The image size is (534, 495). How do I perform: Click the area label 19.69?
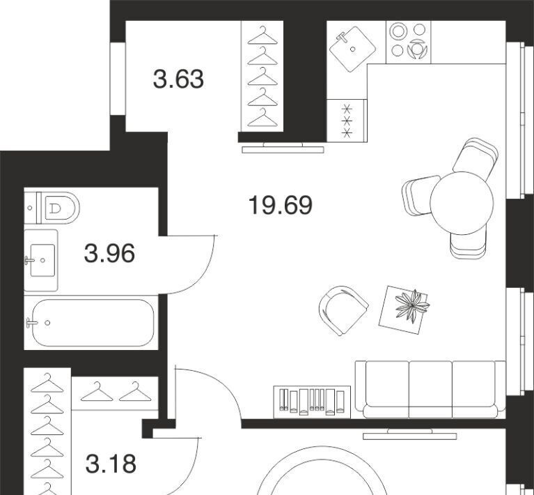pos(281,205)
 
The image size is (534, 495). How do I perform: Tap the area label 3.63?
pos(178,79)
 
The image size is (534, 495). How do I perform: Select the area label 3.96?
pos(109,254)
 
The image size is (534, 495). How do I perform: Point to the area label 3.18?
pos(111,464)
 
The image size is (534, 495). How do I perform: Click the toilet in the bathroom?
pos(53,208)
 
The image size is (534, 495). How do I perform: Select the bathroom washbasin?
pos(41,260)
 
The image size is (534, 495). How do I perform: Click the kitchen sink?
pos(352,49)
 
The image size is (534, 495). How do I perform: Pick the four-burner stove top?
pos(409,42)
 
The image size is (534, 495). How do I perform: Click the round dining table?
pos(462,203)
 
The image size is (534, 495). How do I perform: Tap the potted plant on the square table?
pos(412,305)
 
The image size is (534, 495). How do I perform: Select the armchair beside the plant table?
pos(343,310)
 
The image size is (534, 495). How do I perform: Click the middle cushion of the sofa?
pos(430,389)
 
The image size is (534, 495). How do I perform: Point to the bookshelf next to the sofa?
pos(313,402)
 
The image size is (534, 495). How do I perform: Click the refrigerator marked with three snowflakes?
pos(347,121)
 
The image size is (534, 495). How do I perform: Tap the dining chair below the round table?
pos(468,243)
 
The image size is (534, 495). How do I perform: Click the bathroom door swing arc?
pos(202,275)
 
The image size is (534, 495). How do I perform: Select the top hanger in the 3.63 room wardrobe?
pos(262,36)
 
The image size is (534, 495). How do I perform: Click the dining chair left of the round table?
pos(418,195)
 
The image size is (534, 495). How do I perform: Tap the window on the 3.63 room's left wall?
pos(118,79)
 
